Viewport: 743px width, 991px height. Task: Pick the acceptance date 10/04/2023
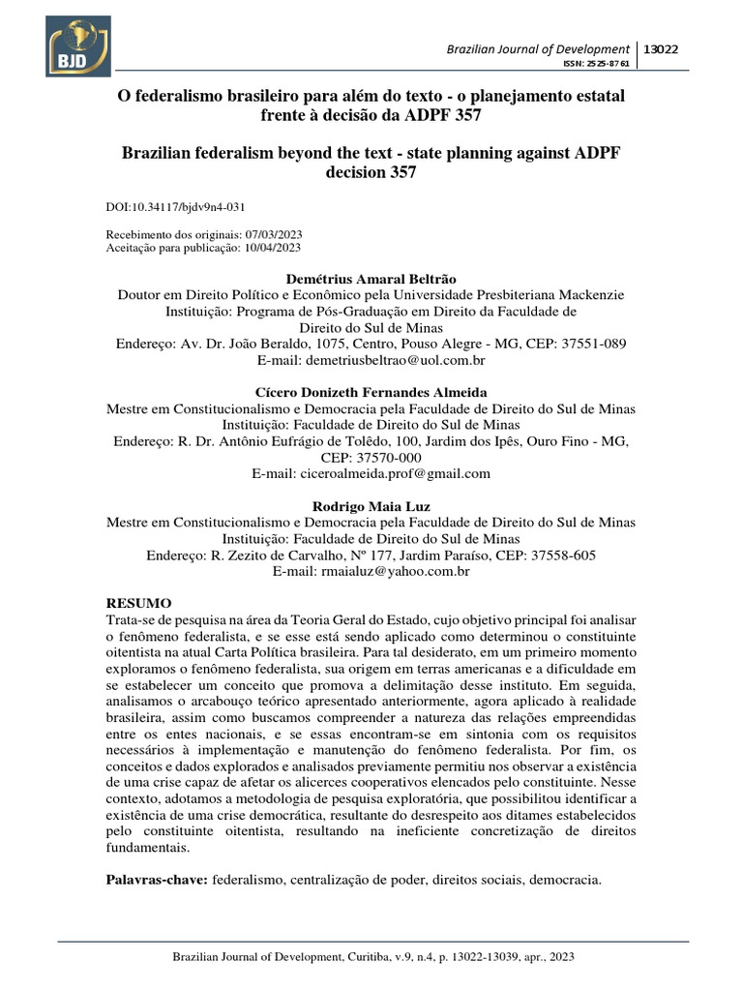[274, 249]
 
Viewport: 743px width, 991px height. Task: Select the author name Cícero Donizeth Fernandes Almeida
[371, 392]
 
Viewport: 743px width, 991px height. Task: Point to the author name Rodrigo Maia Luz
[371, 506]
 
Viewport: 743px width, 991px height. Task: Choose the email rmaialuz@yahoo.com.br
[398, 572]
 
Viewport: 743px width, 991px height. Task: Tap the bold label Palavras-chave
[155, 880]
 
